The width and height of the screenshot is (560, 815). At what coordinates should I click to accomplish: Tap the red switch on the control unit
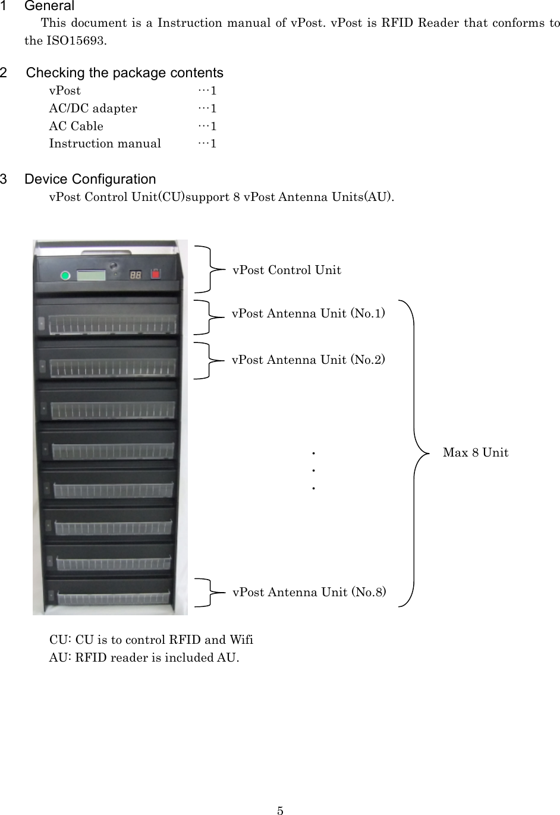(156, 274)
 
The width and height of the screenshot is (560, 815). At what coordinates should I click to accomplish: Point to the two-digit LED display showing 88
(136, 275)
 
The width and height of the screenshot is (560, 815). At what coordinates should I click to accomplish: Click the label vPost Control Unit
(287, 270)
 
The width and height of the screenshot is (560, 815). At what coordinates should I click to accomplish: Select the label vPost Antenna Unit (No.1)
(308, 313)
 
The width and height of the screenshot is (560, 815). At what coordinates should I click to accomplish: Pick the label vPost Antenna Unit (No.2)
(308, 360)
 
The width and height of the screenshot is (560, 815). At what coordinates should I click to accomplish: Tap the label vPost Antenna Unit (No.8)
(309, 592)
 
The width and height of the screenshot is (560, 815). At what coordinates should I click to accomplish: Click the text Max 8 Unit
(476, 452)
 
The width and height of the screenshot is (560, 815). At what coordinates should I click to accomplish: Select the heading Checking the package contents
(125, 73)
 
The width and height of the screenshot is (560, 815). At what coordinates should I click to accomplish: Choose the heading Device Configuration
(90, 179)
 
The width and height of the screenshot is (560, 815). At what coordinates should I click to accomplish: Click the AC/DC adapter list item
(93, 108)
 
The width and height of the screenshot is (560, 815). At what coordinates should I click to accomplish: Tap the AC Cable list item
(76, 126)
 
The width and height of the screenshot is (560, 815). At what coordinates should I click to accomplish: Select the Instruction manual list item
(105, 143)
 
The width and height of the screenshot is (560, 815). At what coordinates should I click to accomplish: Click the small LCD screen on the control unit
(91, 275)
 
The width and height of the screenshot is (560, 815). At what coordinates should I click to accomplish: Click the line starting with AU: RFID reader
(144, 657)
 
